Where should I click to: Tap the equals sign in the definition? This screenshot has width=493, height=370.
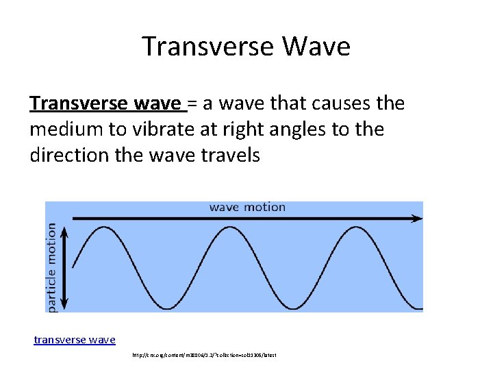pyautogui.click(x=192, y=103)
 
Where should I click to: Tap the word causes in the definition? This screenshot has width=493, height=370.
pyautogui.click(x=340, y=103)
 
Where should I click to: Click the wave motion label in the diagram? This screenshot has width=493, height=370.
pyautogui.click(x=247, y=207)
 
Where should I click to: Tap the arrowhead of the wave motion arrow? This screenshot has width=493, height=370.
pyautogui.click(x=417, y=219)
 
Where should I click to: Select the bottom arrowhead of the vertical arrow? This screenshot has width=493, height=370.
pyautogui.click(x=65, y=304)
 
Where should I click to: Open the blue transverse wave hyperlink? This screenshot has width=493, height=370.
pyautogui.click(x=75, y=339)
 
